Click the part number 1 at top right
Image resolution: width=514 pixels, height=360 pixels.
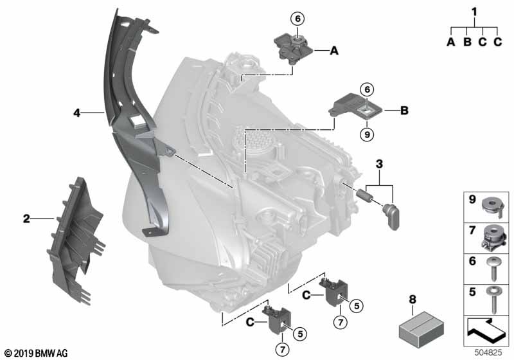[x=474, y=11]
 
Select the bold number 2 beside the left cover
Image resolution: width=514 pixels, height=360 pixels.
[x=26, y=219]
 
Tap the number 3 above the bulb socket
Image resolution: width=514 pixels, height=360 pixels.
[x=380, y=165]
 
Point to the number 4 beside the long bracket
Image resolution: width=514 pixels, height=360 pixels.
[x=76, y=113]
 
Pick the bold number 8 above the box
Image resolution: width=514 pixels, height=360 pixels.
[x=413, y=300]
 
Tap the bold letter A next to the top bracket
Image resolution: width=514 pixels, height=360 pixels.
[x=333, y=49]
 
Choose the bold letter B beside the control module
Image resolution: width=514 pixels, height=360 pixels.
[x=404, y=111]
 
